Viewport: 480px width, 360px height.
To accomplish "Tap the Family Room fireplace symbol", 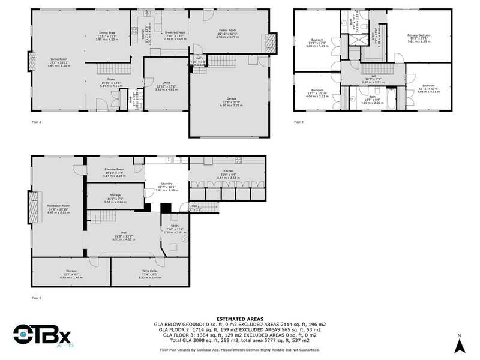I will point(272,42).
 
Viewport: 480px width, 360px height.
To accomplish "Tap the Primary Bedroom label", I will point(419,35).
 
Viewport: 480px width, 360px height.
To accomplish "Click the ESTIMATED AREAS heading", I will point(239,320).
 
